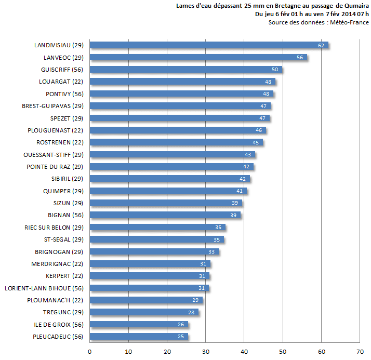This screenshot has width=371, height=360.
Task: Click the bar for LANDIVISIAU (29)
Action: [x=208, y=45]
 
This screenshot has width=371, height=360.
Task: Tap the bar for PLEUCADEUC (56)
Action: [x=138, y=337]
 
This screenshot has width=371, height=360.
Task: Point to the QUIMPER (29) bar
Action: [x=168, y=191]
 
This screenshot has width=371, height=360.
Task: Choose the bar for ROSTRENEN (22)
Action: [x=176, y=142]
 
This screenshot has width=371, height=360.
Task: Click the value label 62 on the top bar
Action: [x=321, y=46]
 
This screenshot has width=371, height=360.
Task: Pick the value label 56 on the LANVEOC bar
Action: [x=300, y=58]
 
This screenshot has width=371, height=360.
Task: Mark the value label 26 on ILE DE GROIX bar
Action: [x=181, y=325]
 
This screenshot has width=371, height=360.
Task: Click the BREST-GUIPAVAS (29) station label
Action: [x=52, y=106]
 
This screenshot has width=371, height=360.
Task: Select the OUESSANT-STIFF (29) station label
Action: [x=54, y=154]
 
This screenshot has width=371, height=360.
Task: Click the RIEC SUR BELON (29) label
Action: [x=54, y=227]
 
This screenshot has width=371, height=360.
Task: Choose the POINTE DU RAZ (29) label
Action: [x=55, y=167]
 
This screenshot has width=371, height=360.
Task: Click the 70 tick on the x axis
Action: [x=360, y=352]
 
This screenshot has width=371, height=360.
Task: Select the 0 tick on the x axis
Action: [x=90, y=352]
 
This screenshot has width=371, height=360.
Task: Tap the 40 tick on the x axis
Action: [x=244, y=352]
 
